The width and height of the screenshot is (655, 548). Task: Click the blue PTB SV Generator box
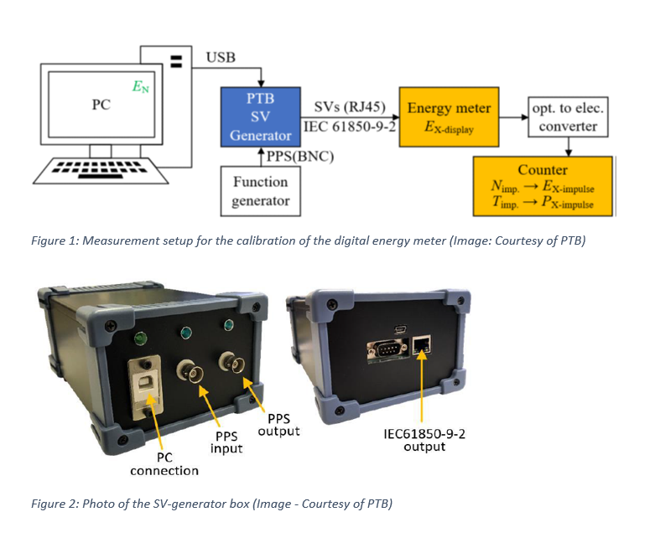[260, 116]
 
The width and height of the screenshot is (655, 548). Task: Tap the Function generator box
[260, 191]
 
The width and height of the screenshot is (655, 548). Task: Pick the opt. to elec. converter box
[568, 117]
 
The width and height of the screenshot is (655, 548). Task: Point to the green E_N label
[140, 86]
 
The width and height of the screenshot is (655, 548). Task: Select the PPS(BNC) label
[299, 155]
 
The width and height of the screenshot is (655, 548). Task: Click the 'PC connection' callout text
[164, 464]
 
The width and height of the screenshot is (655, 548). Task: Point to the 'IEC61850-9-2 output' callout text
[420, 441]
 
